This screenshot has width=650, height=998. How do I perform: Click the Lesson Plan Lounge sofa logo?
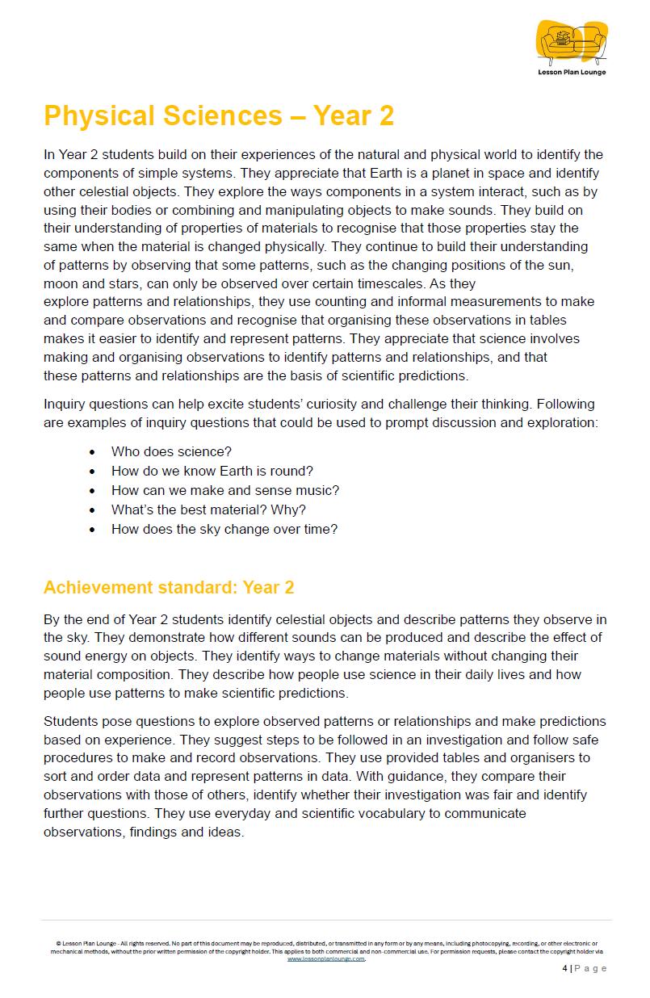pyautogui.click(x=572, y=42)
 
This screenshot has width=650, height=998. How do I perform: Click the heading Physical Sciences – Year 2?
pyautogui.click(x=219, y=117)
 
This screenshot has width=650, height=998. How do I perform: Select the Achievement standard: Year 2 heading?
pyautogui.click(x=169, y=588)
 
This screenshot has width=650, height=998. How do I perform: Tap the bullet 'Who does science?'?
pyautogui.click(x=171, y=452)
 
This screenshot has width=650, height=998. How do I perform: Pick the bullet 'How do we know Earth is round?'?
pyautogui.click(x=212, y=472)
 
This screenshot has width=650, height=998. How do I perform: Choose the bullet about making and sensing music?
pyautogui.click(x=224, y=491)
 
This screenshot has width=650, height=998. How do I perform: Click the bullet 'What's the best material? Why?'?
pyautogui.click(x=208, y=510)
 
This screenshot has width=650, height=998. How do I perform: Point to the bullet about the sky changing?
pyautogui.click(x=224, y=530)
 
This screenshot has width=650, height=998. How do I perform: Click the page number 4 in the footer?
pyautogui.click(x=564, y=969)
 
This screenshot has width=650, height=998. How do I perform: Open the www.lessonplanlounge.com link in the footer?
pyautogui.click(x=326, y=959)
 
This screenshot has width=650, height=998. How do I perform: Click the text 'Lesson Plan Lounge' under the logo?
pyautogui.click(x=572, y=73)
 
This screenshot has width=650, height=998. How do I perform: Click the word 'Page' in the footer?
pyautogui.click(x=592, y=969)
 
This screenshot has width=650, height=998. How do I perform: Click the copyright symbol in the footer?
pyautogui.click(x=58, y=943)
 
